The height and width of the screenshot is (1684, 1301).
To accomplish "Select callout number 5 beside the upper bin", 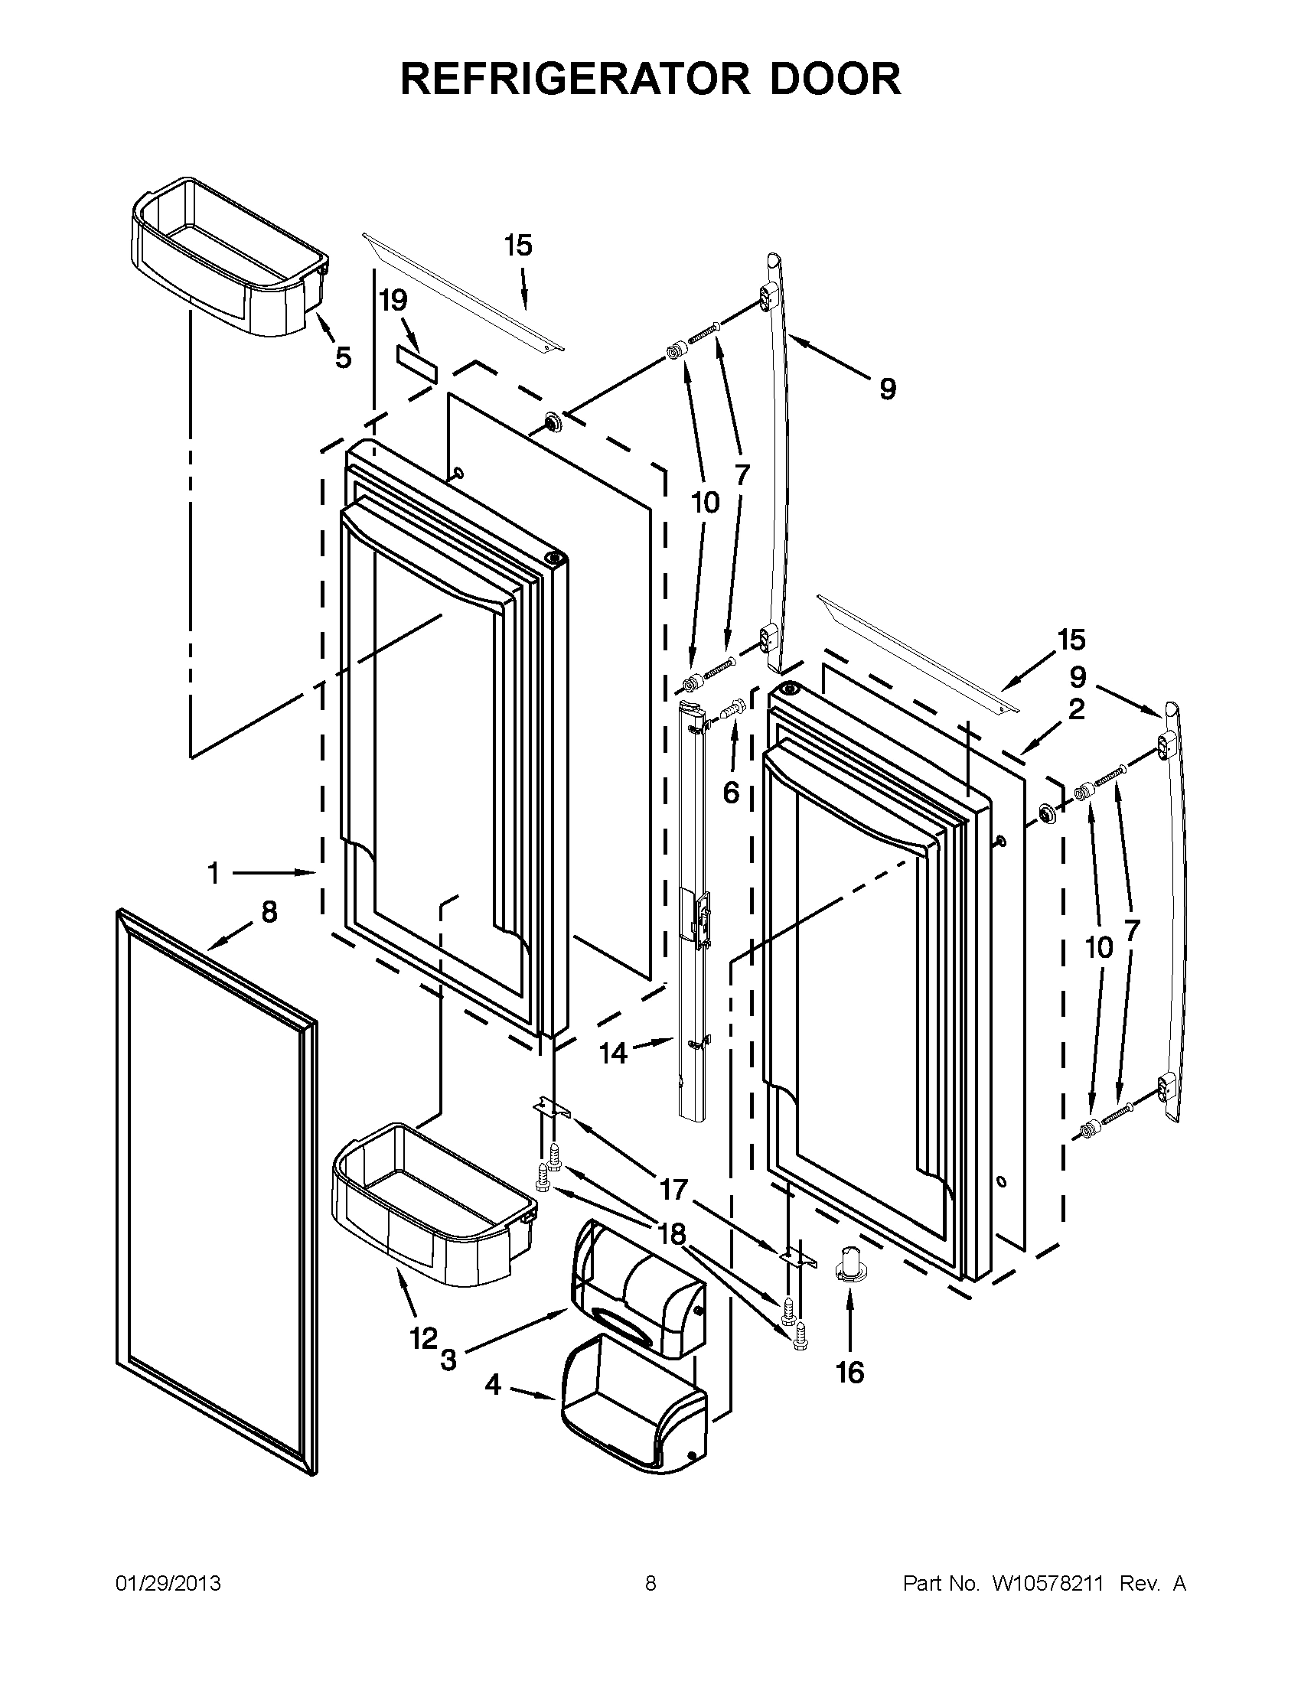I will (343, 357).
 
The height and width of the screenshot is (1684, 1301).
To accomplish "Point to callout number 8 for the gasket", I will (269, 912).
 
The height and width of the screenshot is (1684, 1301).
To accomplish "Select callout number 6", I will (731, 792).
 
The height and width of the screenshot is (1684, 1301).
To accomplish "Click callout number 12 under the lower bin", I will (423, 1339).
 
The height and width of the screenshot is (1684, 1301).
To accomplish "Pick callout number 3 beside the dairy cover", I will (448, 1360).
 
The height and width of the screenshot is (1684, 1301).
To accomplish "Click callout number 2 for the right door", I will (1077, 708).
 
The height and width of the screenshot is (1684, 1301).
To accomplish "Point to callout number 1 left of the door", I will (213, 873).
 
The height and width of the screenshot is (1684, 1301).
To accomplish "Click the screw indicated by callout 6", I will (733, 706).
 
